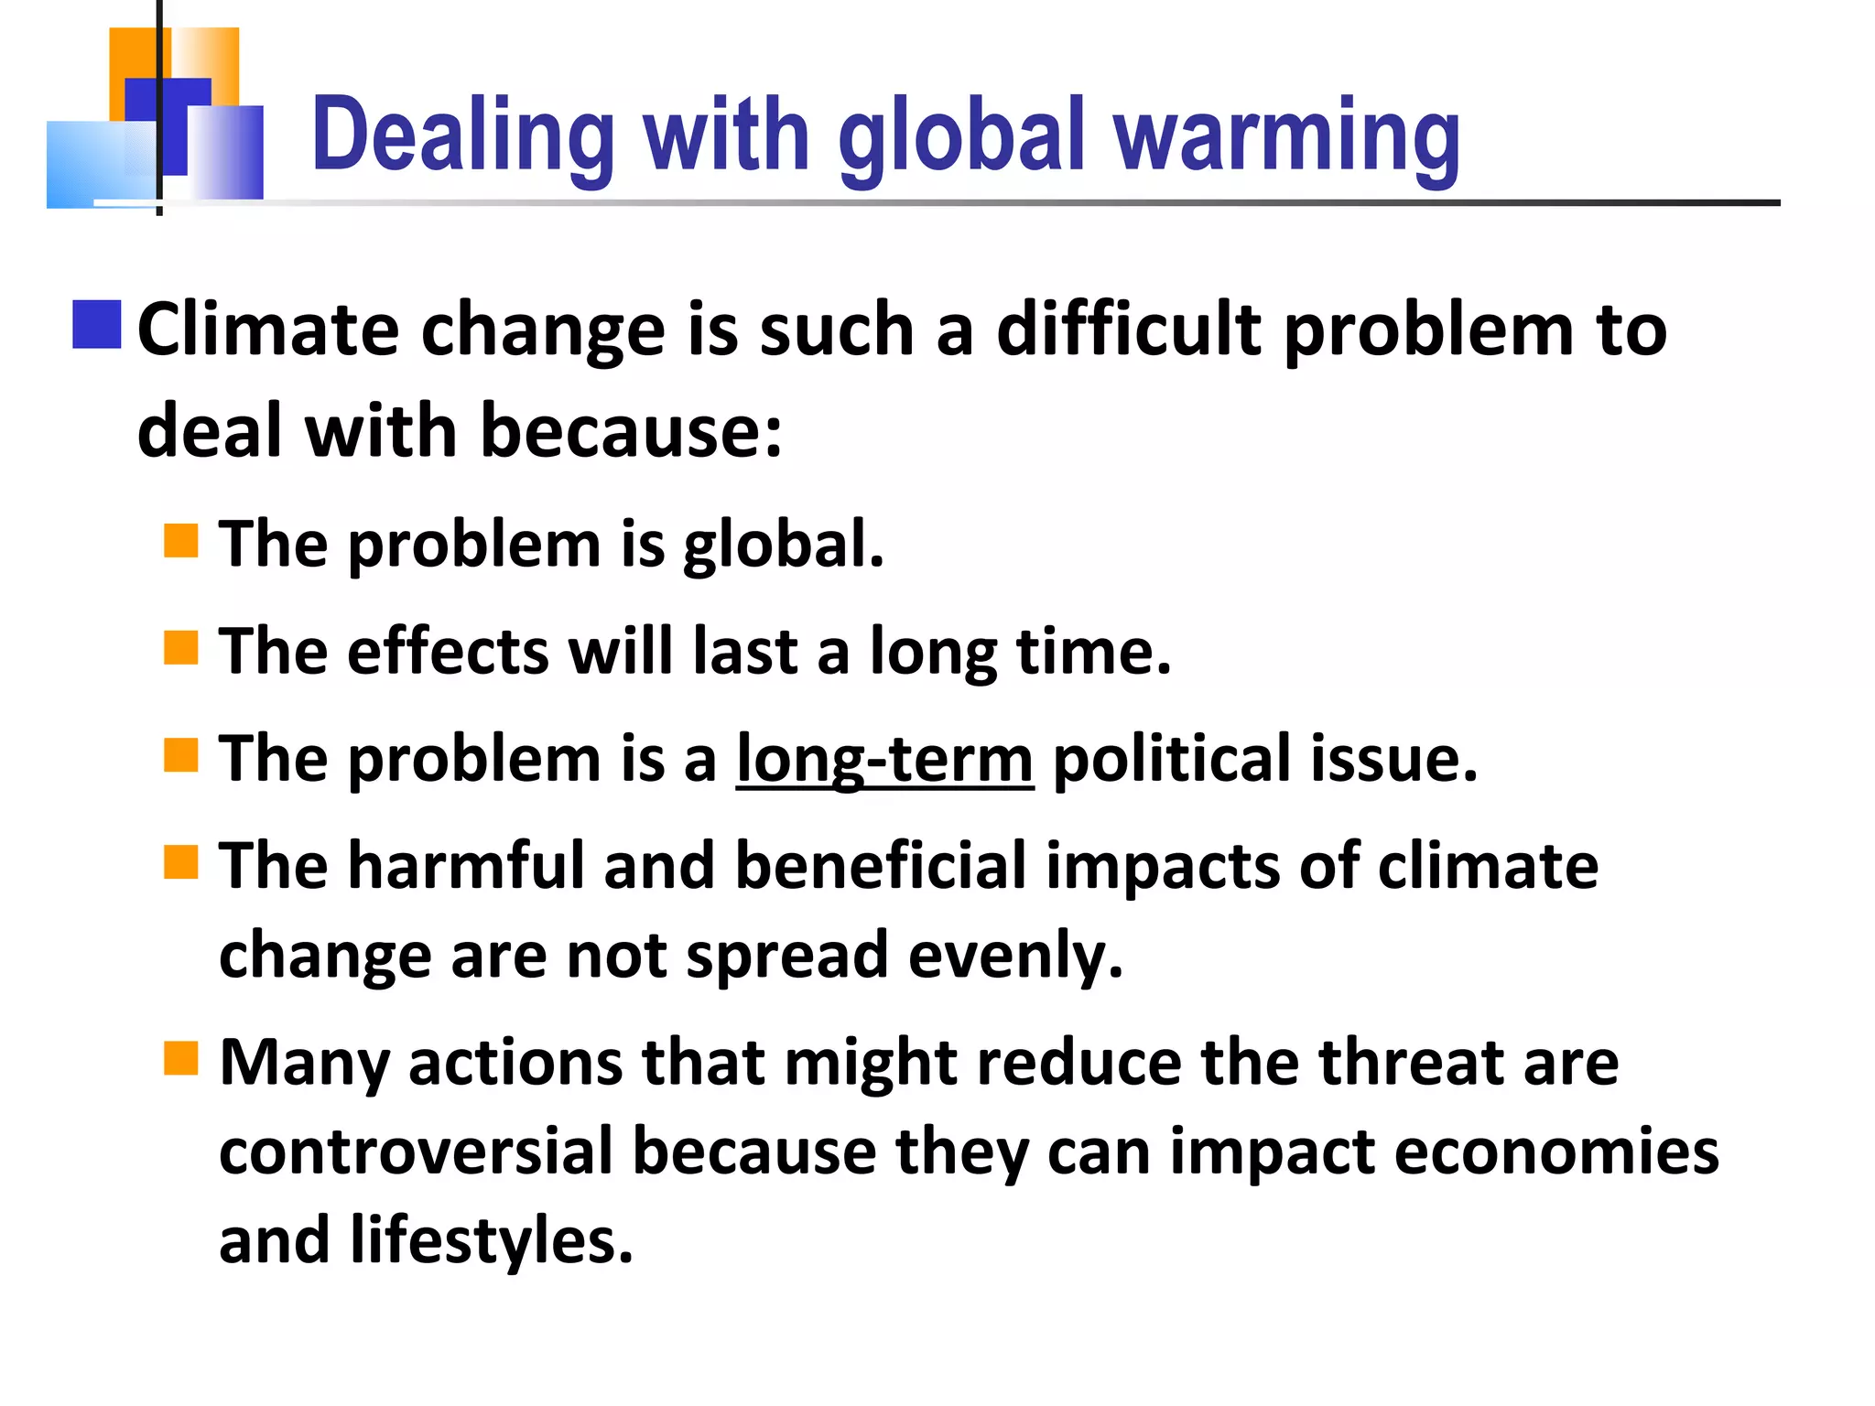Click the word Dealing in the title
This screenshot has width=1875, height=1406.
tap(462, 137)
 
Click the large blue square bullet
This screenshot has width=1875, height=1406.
tap(97, 325)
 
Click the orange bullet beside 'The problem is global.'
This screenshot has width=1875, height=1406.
tap(181, 540)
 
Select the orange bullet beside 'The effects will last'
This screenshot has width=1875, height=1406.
tap(181, 647)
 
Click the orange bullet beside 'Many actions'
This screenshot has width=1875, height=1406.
tap(181, 1059)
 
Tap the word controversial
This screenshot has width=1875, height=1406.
tap(416, 1152)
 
